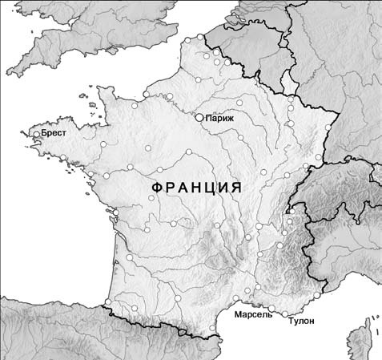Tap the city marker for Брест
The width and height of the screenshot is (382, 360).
tap(36, 135)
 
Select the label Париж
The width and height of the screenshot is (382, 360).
tap(219, 118)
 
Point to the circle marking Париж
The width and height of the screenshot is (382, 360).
tap(199, 117)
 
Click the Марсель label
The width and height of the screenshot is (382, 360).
tap(253, 314)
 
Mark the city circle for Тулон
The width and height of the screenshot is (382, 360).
tap(285, 313)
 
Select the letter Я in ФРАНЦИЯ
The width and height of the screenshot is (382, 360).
tap(235, 187)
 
